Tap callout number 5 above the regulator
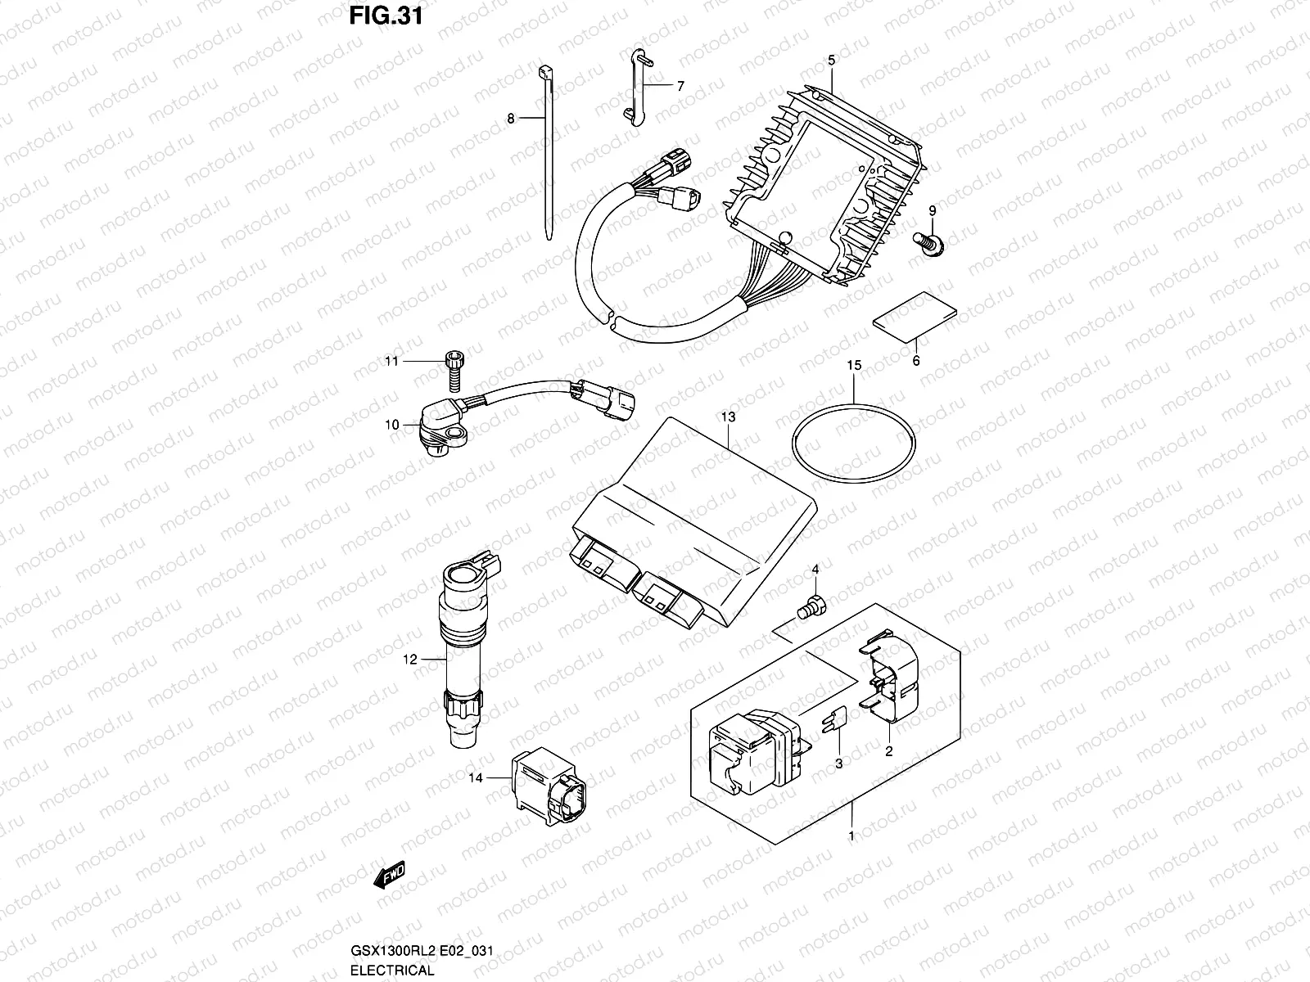(831, 60)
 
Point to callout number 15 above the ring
(854, 366)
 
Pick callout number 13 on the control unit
(728, 417)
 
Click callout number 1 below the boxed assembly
(851, 836)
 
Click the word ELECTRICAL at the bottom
(392, 971)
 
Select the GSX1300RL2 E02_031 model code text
(422, 951)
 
